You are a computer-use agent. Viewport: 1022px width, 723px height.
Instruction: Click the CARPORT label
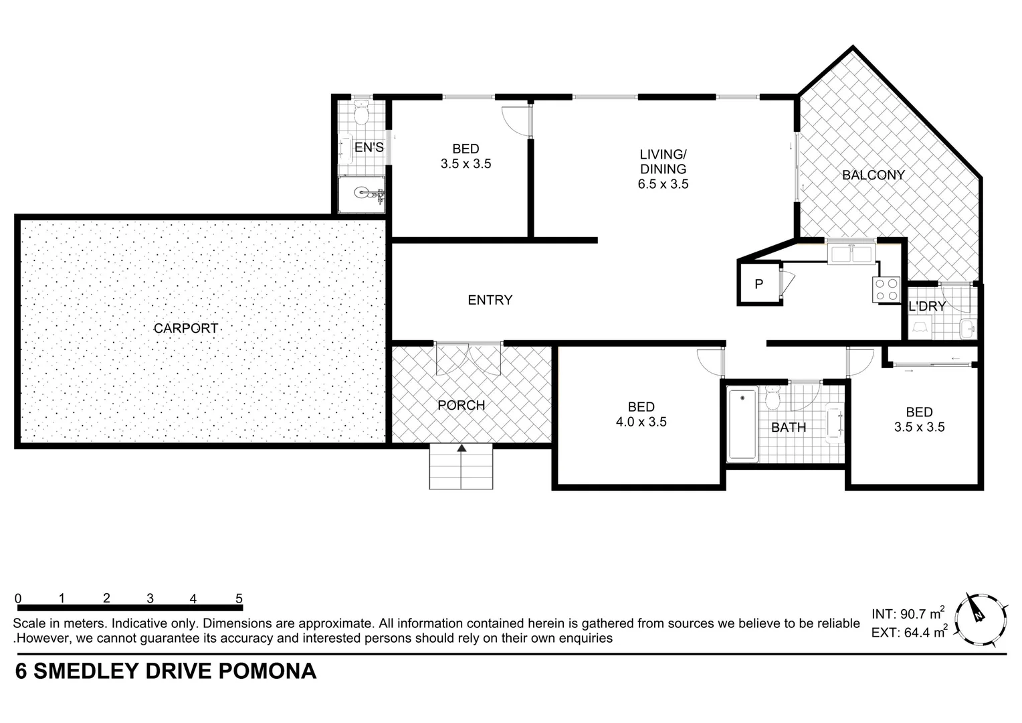point(186,329)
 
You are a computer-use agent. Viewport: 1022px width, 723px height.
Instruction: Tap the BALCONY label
point(873,175)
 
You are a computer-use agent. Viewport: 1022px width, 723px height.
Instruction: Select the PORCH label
point(461,406)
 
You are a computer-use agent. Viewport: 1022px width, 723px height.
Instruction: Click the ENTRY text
point(490,301)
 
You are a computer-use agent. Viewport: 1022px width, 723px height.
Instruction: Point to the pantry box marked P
point(759,284)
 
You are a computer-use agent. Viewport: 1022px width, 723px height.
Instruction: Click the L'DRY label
point(927,307)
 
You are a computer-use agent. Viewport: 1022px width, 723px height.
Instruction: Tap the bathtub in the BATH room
point(742,424)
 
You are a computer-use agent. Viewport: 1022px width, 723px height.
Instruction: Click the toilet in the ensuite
point(361,114)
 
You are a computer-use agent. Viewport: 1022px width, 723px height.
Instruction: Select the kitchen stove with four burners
point(886,290)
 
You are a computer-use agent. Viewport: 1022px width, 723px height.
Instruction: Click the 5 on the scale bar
point(239,598)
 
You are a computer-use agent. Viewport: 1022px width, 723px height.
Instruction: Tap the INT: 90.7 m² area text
point(908,613)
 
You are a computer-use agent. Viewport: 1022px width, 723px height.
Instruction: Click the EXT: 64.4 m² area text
point(908,631)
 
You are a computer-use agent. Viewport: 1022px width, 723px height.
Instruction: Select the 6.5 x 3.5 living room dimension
point(663,184)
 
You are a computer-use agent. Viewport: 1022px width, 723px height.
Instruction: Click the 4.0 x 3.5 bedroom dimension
point(641,422)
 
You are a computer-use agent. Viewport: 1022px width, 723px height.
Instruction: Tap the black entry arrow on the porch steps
point(462,449)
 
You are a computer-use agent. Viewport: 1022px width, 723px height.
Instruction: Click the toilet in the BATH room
point(773,399)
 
